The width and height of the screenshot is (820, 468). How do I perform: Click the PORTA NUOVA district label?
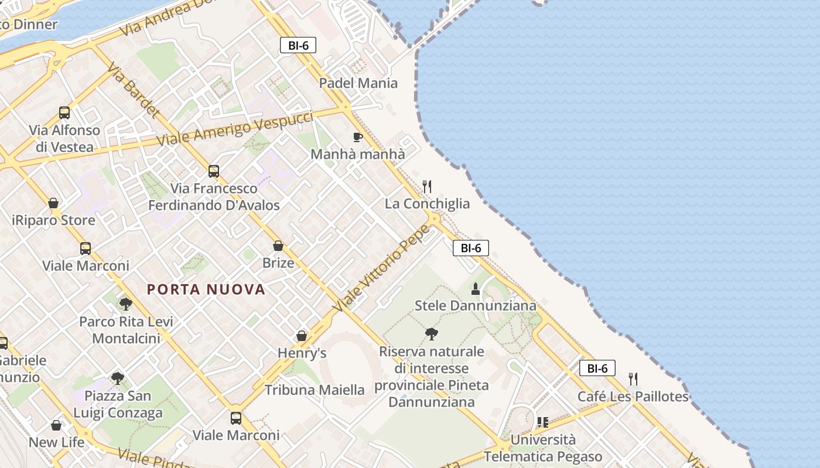[x=206, y=289]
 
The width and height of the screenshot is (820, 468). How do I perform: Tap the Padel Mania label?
[x=358, y=83]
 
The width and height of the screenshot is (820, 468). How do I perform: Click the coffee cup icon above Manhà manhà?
[x=357, y=137]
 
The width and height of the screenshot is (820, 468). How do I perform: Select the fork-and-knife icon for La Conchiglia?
[x=427, y=187]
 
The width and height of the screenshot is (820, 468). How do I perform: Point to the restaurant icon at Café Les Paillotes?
[x=633, y=379]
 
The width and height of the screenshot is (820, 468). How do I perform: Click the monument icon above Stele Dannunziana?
[x=476, y=288]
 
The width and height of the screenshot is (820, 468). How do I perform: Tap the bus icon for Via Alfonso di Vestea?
[x=64, y=113]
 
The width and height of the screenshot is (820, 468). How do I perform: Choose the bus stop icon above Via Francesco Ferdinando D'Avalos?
[x=214, y=171]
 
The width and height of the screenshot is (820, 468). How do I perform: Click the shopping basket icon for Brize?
[x=278, y=246]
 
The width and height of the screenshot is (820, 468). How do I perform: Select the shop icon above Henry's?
[x=302, y=336]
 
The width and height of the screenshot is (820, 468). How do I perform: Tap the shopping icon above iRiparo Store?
[x=53, y=203]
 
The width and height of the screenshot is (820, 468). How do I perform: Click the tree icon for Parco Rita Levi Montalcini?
[x=125, y=304]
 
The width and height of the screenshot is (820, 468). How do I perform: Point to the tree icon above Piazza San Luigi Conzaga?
[x=118, y=378]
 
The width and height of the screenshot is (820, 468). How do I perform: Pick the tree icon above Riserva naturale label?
[x=432, y=334]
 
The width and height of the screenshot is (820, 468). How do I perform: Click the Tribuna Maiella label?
[x=315, y=390]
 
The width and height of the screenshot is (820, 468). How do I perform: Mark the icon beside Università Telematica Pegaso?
[x=542, y=422]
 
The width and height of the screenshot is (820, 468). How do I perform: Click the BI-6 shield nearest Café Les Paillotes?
[x=597, y=368]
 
